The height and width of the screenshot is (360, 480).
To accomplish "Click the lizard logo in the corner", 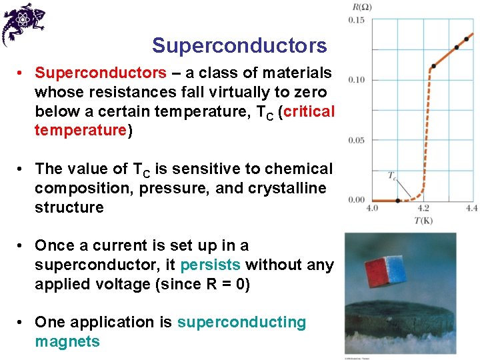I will pos(25,24).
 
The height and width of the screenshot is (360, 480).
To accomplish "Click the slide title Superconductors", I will pos(239,46).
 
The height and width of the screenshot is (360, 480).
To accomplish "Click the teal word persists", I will pos(210,265).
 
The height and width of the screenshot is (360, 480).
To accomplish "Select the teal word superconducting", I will pos(241,323).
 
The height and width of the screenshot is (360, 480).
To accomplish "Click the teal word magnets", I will pos(67,342).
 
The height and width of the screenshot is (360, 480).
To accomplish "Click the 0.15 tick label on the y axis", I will pos(357,21).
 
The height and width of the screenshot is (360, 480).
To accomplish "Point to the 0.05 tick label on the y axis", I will pos(357,140).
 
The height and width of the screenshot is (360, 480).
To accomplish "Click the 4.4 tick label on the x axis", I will pos(471,209).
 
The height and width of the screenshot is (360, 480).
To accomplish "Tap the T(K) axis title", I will pos(423,221).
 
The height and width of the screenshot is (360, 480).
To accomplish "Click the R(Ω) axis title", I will pos(362,7).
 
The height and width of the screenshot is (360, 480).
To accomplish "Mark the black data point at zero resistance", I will pos(398,200).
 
